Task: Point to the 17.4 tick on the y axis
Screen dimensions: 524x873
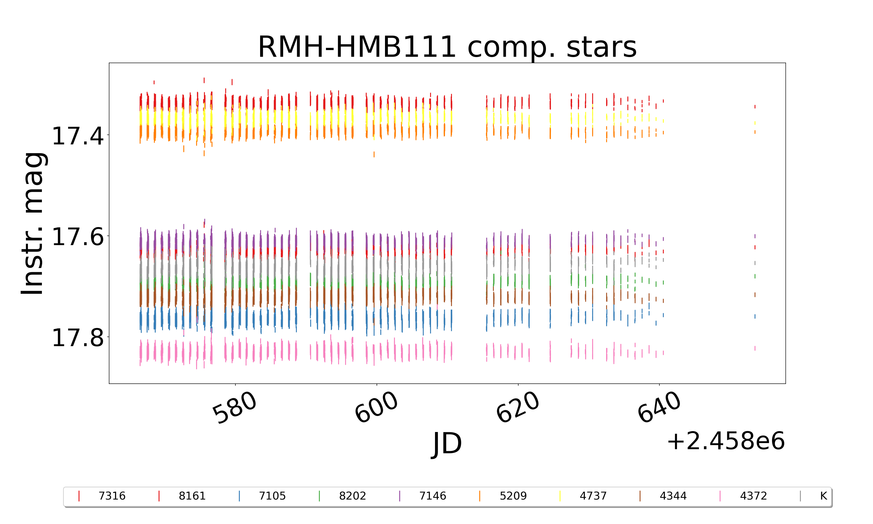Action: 78,136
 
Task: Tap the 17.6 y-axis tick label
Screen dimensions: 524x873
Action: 78,237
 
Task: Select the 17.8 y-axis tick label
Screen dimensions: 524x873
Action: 78,338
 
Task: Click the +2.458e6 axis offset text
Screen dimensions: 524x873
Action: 725,441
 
